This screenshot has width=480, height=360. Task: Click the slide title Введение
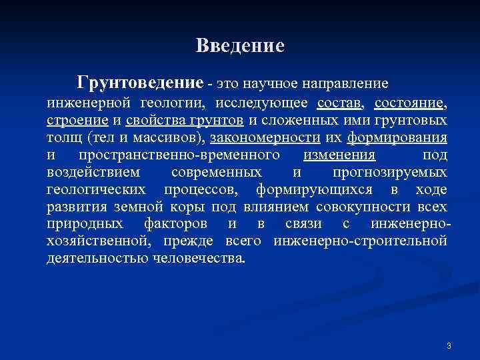click(240, 46)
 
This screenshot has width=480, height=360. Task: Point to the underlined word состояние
click(410, 103)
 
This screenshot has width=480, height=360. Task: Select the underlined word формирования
click(405, 138)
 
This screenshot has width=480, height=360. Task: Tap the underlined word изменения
click(339, 155)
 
